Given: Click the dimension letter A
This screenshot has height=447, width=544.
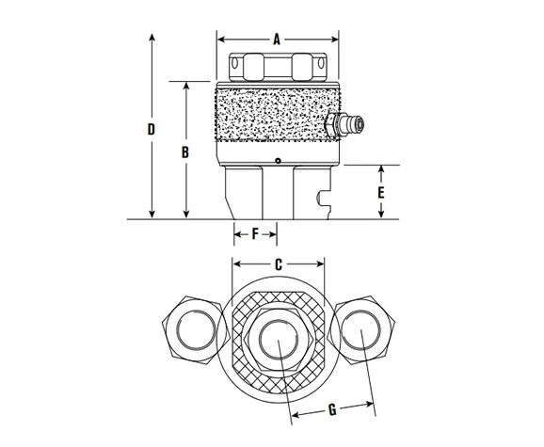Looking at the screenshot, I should pos(277,40).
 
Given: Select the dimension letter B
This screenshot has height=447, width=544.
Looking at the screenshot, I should pos(186,151).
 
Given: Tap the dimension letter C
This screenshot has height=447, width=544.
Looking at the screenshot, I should pos(278,265).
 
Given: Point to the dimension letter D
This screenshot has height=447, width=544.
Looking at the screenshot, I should pos(152,128).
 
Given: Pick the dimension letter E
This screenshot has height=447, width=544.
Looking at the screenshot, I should pos(380,191).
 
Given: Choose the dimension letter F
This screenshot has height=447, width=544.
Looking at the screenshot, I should pos(254,232).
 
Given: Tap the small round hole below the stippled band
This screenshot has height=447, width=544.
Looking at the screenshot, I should pos(278,161).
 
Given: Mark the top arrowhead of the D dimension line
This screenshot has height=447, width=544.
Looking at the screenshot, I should pos(152,35).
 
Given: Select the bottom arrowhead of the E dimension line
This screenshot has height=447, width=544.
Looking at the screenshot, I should pos(380,215).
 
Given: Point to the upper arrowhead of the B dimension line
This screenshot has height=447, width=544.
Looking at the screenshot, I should pos(186,86).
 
